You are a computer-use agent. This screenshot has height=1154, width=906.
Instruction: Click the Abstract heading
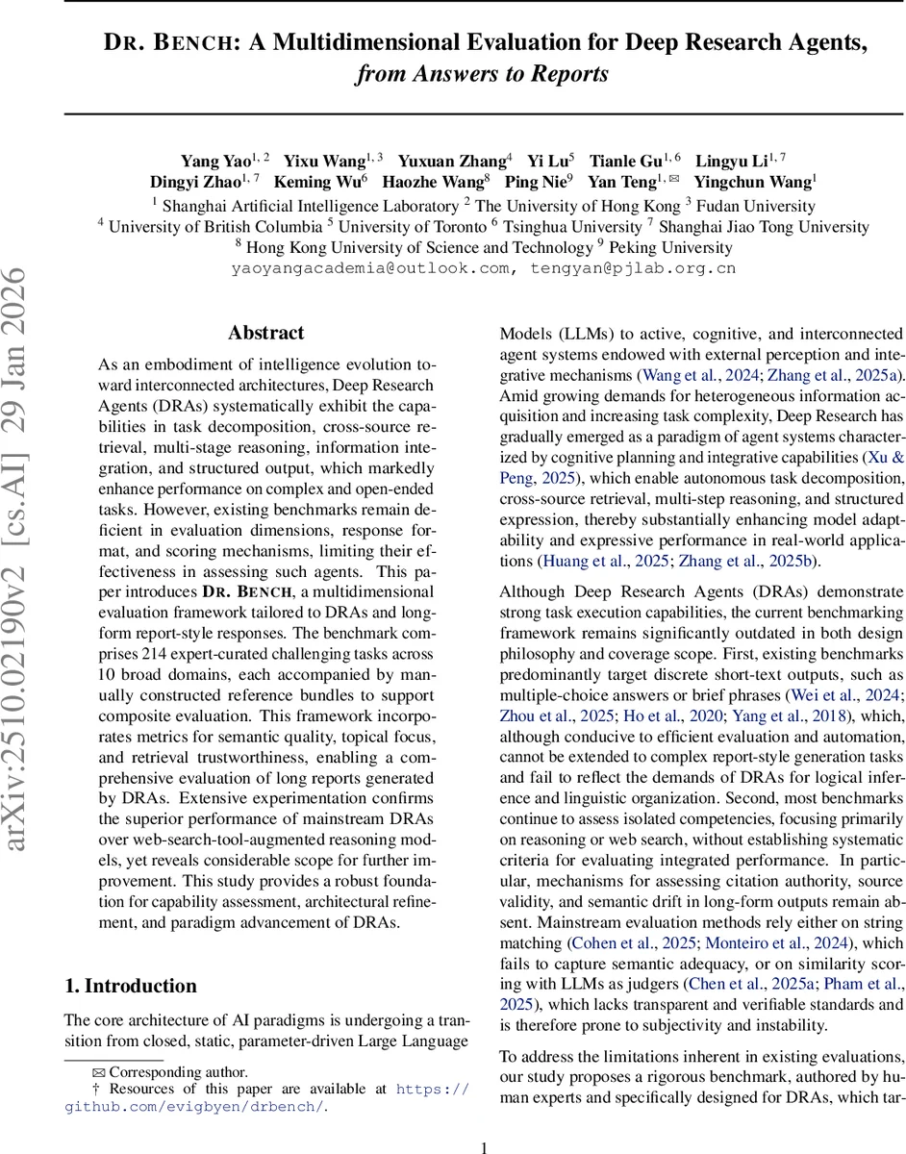266,334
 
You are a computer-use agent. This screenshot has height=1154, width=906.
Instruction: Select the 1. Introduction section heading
130,986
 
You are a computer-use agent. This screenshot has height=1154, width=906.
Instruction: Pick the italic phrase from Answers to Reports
482,74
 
